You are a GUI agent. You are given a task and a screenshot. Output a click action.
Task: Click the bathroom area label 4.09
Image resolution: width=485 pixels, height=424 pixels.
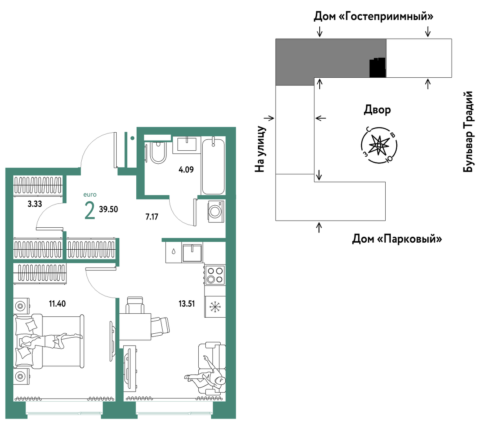(186, 170)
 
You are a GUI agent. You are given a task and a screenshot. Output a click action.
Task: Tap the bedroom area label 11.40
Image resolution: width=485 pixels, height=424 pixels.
(57, 303)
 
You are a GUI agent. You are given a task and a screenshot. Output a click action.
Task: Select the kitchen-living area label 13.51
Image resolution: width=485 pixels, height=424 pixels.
(187, 303)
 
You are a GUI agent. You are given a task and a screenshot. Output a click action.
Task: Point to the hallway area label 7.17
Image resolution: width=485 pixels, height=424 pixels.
(152, 217)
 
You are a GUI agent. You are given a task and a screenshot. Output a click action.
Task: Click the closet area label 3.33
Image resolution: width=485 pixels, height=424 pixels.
(35, 204)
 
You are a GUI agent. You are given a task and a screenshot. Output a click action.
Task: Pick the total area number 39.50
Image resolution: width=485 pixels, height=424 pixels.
(108, 209)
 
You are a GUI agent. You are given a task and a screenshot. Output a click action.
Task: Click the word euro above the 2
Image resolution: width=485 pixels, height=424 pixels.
(90, 195)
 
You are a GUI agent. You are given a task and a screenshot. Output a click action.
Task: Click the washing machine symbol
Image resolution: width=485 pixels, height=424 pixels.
(216, 211)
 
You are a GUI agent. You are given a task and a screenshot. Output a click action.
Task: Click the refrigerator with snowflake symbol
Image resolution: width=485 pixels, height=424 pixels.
(215, 307)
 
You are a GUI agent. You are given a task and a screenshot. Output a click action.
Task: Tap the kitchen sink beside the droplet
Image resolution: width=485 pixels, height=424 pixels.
(192, 253)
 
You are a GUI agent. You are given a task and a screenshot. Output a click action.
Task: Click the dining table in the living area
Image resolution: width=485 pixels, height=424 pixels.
(135, 327)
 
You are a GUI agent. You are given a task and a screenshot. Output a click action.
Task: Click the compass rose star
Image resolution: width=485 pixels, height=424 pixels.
(379, 145)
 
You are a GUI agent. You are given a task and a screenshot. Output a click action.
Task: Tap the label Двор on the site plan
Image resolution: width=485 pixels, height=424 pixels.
(377, 110)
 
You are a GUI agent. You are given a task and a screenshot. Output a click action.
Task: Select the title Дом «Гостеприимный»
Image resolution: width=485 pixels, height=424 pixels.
(373, 16)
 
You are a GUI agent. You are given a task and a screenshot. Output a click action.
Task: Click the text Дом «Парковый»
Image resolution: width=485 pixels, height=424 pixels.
(397, 239)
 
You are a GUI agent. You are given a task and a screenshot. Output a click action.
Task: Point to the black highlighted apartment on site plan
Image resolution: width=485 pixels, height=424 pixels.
(377, 68)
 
